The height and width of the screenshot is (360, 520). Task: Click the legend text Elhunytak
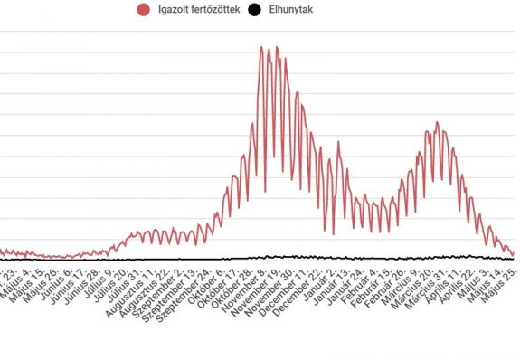(x=296, y=10)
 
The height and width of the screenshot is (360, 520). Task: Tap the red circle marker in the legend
(x=143, y=10)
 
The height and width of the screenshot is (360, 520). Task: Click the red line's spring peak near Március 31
(x=438, y=123)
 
